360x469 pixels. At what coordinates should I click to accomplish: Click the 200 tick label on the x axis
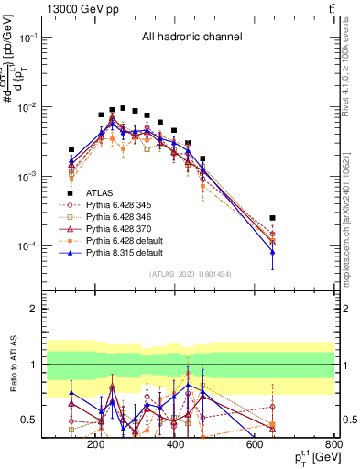tap(95, 444)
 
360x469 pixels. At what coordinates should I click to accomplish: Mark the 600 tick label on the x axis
tap(255, 444)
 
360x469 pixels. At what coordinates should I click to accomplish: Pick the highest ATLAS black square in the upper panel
tap(123, 108)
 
